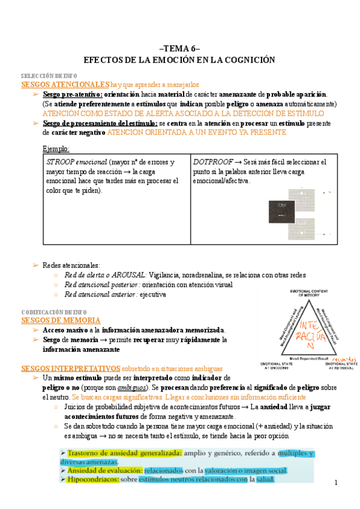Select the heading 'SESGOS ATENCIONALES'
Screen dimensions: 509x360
coord(65,85)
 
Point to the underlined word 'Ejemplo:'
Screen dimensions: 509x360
coord(56,148)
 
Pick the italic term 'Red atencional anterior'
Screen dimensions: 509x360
coord(101,295)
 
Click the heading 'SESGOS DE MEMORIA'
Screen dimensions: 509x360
coord(61,321)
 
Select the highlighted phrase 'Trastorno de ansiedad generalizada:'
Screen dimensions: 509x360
coord(113,454)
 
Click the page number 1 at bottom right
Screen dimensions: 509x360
coord(337,483)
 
